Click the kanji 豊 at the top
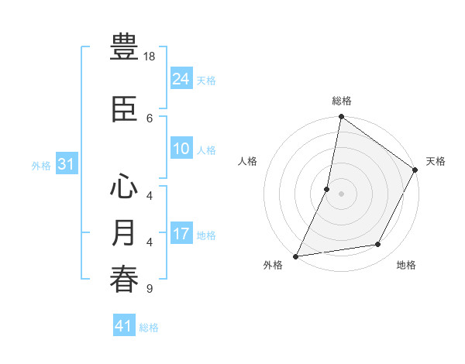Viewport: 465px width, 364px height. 125,48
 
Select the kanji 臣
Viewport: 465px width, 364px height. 125,109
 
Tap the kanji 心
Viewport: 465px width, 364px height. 125,187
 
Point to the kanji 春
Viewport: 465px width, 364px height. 125,280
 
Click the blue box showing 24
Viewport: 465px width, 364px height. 181,78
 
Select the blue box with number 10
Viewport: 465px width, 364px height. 181,149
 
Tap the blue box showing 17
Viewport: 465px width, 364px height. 181,234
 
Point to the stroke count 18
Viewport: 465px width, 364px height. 150,57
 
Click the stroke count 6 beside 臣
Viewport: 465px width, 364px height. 150,118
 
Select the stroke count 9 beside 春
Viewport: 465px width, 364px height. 149,289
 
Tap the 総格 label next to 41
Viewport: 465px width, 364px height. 149,328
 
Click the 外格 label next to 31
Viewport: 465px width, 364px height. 41,166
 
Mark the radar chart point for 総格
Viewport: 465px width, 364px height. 341,117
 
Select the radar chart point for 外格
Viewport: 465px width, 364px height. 295,256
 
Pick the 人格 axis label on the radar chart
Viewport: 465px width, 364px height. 248,161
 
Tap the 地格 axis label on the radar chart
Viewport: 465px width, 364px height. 406,266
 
